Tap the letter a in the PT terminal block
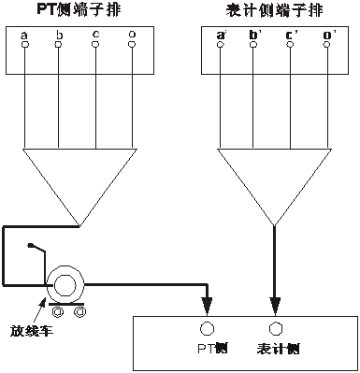(22, 35)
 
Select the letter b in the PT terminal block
(59, 35)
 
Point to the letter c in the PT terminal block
(95, 35)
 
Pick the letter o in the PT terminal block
(134, 35)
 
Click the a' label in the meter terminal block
(222, 35)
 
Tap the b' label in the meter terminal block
(253, 35)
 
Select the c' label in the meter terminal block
(291, 35)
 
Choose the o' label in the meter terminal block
(326, 35)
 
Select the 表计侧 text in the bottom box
(276, 349)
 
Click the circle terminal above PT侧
(209, 329)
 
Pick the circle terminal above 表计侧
(275, 329)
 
